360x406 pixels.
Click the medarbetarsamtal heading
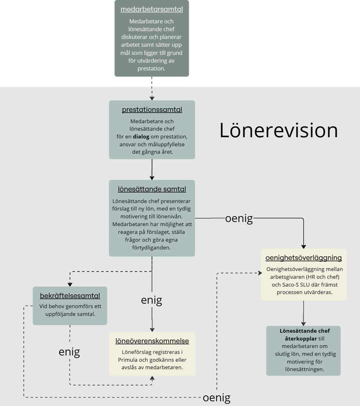tap(152, 9)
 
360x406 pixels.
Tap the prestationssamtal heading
tap(152, 110)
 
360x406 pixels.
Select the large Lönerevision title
tap(278, 130)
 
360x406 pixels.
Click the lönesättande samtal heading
tap(152, 189)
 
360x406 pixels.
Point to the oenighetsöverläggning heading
tap(304, 258)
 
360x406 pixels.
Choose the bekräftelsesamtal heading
tap(70, 296)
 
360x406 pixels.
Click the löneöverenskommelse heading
tap(152, 341)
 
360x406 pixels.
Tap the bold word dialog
tap(141, 137)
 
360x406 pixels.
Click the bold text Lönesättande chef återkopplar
tap(304, 335)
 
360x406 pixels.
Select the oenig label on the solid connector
tap(239, 219)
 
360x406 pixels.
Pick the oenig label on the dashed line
tap(217, 398)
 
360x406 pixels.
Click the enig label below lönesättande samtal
tap(152, 300)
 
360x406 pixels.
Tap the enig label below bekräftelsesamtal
tap(69, 352)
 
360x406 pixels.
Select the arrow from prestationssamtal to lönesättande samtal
tap(152, 169)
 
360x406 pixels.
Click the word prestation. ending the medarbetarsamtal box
tap(151, 68)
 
